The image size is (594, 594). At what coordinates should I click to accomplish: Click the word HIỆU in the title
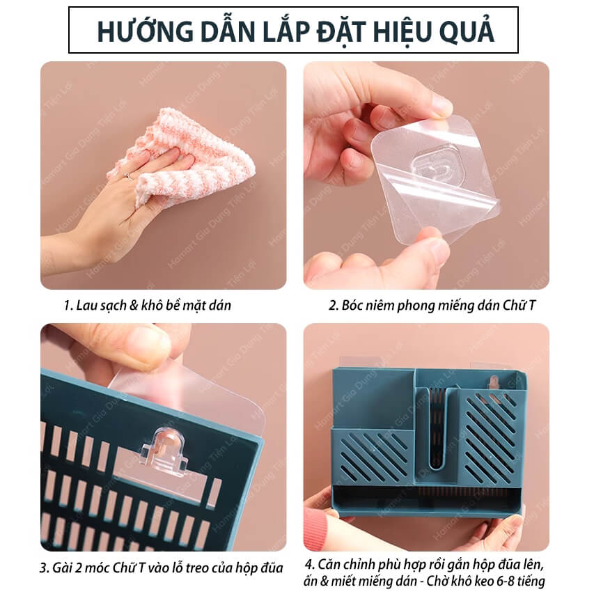(x=403, y=31)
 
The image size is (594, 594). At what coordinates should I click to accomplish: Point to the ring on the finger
(x=128, y=175)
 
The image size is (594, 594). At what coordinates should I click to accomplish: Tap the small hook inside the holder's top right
(x=494, y=382)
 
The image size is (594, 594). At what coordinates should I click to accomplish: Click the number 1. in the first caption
(x=68, y=305)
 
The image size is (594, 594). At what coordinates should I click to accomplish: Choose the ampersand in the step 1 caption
(x=133, y=305)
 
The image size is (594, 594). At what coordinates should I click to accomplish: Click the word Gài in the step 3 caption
(x=62, y=568)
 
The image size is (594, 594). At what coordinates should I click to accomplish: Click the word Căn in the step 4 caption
(x=329, y=565)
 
